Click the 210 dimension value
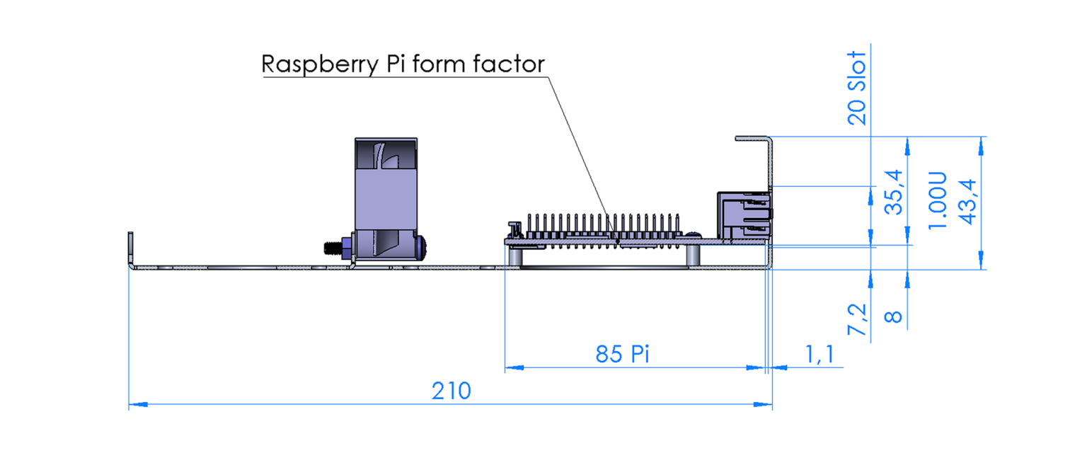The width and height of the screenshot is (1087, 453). point(452,391)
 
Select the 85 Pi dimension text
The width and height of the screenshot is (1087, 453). point(622,354)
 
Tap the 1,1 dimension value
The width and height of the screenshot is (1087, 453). point(819,354)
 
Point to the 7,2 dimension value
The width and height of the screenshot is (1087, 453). point(858,319)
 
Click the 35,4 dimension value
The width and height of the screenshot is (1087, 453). point(894,193)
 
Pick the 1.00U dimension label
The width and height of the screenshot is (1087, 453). point(937,200)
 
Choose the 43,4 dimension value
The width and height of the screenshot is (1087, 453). point(967,202)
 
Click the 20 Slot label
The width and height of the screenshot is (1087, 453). point(856,88)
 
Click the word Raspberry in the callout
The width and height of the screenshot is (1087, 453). point(320,64)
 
